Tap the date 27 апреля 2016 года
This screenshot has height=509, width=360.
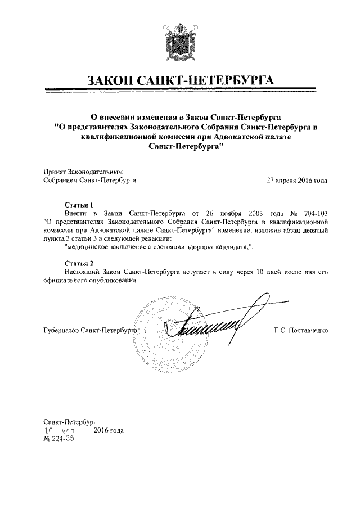tap(296, 181)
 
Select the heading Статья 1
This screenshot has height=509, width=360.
tap(78, 205)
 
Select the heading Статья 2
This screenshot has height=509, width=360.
tap(78, 263)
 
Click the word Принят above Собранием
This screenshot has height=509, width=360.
tap(55, 171)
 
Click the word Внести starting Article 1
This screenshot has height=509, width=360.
tap(76, 214)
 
